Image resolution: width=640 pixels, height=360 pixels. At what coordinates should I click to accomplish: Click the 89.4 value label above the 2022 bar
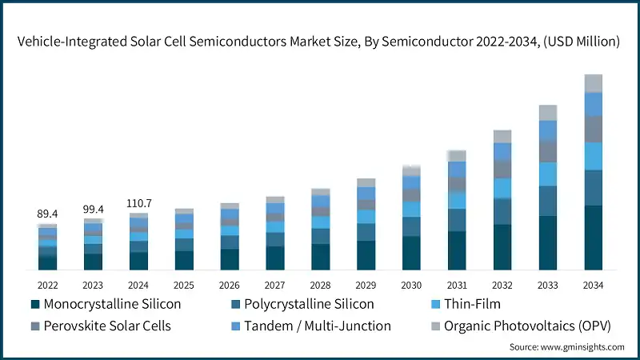[x=47, y=214]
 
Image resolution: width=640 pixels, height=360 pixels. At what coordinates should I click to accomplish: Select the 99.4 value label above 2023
[x=93, y=209]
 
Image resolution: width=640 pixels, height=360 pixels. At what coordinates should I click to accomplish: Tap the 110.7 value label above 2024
[x=138, y=204]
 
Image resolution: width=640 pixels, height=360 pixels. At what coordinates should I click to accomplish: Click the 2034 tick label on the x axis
[x=593, y=285]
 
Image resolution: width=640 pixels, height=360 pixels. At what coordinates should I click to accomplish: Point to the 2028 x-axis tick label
[x=320, y=285]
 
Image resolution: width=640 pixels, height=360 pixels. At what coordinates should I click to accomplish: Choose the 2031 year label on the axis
[x=457, y=285]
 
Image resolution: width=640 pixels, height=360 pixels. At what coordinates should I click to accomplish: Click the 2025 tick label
[x=184, y=285]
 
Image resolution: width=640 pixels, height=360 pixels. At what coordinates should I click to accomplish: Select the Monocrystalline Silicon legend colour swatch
[x=35, y=305]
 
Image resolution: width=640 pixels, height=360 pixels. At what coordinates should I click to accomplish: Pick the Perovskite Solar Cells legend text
[x=107, y=326]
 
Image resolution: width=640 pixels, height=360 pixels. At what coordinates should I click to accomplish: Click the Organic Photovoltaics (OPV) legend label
[x=523, y=326]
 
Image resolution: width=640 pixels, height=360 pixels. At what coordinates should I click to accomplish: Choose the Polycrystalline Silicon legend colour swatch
[x=235, y=305]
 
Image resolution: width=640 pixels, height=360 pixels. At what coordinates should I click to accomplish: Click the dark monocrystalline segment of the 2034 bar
[x=593, y=238]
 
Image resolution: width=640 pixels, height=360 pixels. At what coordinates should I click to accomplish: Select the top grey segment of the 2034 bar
[x=593, y=83]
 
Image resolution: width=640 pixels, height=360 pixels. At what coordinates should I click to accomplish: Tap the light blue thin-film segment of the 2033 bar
[x=547, y=174]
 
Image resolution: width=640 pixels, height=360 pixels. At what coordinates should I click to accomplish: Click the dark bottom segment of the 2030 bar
[x=411, y=253]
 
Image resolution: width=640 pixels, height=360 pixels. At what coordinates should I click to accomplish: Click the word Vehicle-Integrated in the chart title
[x=71, y=42]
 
